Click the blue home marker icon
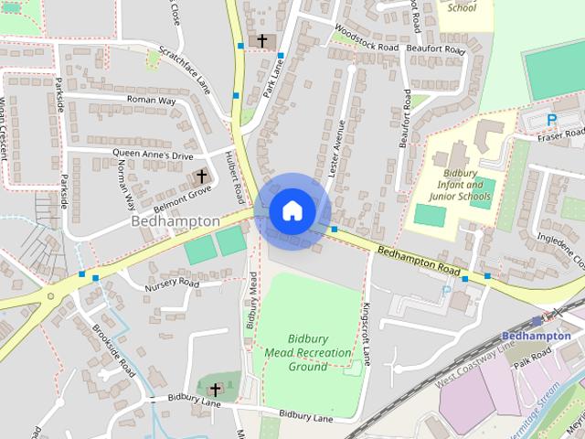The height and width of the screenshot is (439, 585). click(x=292, y=210)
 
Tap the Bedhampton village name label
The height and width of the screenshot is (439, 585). click(x=175, y=221)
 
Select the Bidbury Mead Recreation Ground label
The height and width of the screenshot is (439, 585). click(x=308, y=352)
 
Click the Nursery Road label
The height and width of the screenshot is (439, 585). click(x=171, y=284)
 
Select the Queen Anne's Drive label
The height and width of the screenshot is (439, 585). click(x=154, y=155)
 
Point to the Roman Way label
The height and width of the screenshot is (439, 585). click(x=151, y=100)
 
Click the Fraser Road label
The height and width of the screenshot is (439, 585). click(x=560, y=135)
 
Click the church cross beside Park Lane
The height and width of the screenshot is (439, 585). click(x=262, y=40)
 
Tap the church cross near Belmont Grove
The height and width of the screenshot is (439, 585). click(x=201, y=176)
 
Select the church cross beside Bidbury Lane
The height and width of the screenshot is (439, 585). click(x=215, y=390)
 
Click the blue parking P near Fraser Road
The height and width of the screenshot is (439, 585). click(x=551, y=120)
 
